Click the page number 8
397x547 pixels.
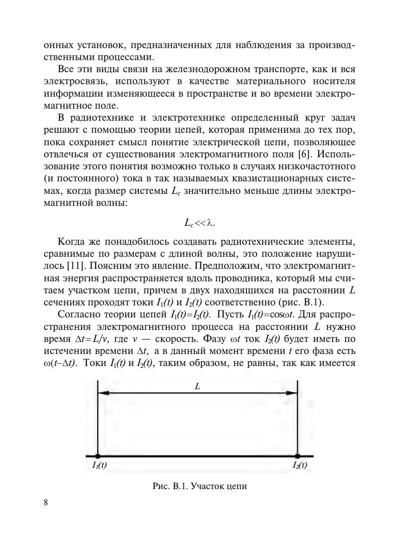pos(45,503)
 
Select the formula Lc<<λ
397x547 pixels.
pos(200,223)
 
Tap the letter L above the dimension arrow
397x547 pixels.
pos(197,386)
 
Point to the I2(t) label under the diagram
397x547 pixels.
pos(300,466)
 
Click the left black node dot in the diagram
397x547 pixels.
pos(98,456)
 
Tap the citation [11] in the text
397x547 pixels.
pos(75,267)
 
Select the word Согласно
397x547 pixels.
pos(77,315)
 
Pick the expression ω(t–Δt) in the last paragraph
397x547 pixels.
pos(59,363)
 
